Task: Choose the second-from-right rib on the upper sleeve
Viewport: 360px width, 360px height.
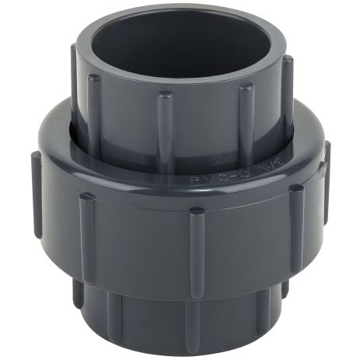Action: [x=246, y=117]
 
